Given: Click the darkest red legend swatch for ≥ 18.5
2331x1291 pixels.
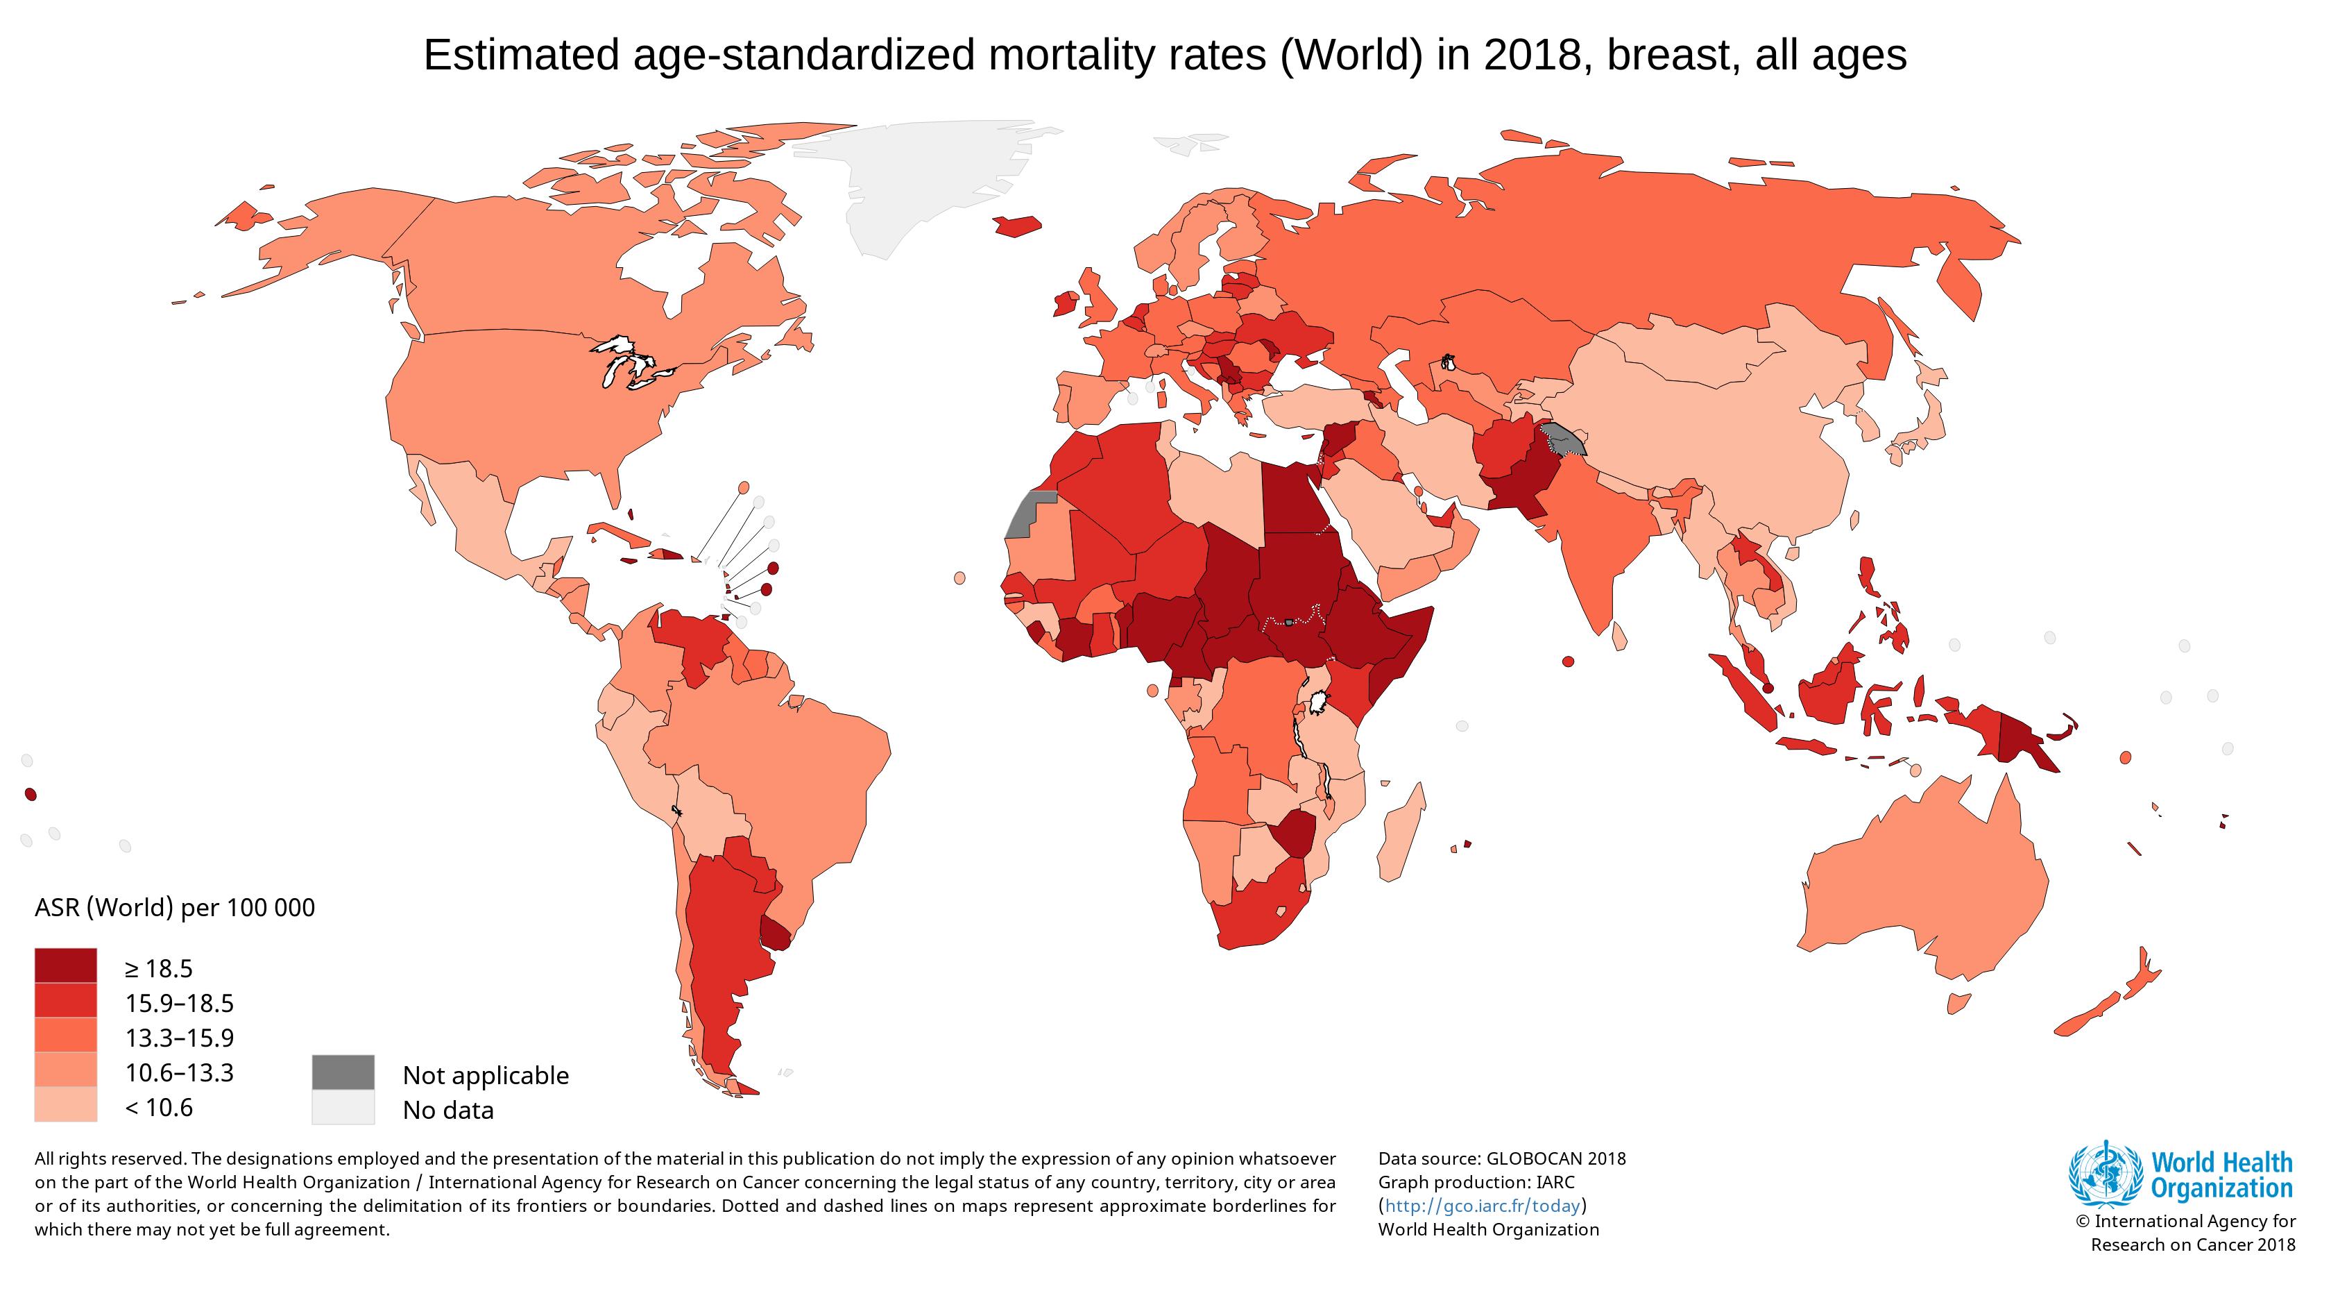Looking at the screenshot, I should [65, 965].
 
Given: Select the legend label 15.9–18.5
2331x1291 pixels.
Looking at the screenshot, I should [179, 1003].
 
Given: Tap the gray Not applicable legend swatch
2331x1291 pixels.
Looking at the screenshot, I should [343, 1072].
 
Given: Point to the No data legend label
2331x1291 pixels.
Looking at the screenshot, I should [448, 1110].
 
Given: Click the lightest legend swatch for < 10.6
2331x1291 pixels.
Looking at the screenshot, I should [65, 1104].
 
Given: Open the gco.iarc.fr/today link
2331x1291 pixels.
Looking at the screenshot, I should [1483, 1206].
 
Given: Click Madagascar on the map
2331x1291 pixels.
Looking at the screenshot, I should [1401, 834].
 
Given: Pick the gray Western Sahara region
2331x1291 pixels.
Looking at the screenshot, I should [1023, 516].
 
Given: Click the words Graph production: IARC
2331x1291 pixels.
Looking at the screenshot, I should [1476, 1182].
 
